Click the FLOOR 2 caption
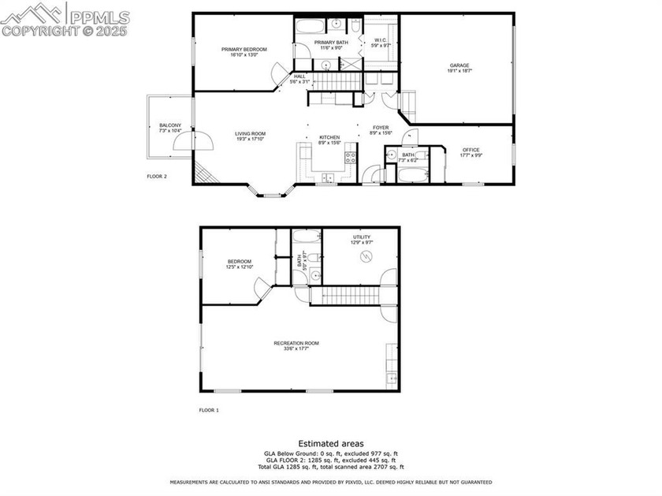(157, 177)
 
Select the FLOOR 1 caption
(209, 410)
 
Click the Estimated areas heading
(330, 444)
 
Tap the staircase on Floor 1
(346, 296)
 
